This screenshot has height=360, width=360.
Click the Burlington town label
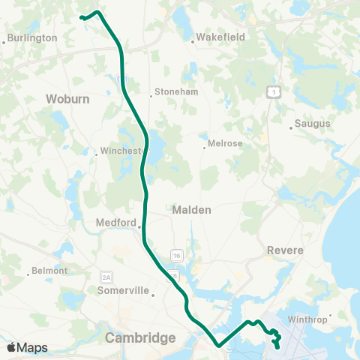tap(33, 37)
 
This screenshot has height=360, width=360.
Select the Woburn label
tap(67, 98)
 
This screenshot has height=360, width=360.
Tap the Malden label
tap(192, 210)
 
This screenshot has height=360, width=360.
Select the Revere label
tap(284, 250)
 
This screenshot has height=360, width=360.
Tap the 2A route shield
tap(106, 277)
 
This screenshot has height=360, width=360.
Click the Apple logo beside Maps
tap(11, 347)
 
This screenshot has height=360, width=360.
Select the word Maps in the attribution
tap(32, 347)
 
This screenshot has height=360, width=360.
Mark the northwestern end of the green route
tap(81, 16)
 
